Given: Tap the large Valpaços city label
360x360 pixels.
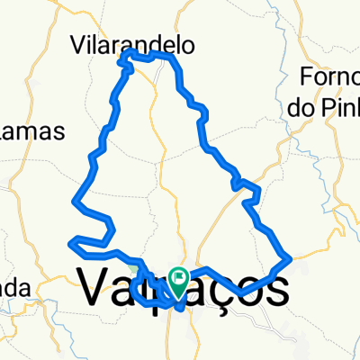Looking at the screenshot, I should (x=184, y=288).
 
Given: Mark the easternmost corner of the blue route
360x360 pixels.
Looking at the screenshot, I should (x=291, y=260).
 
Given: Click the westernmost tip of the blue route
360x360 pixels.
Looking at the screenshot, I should (x=70, y=240).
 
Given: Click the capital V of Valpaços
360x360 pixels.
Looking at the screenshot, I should (x=97, y=288).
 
